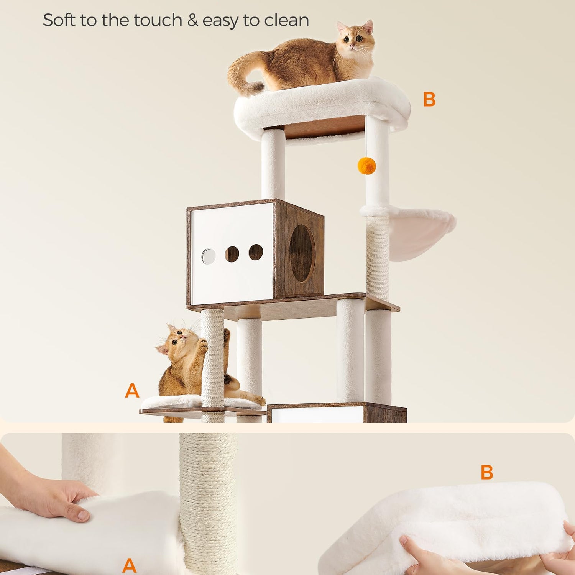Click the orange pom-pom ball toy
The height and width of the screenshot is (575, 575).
(x=367, y=166)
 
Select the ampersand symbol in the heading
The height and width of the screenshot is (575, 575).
(x=193, y=20)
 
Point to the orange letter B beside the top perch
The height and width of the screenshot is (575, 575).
(x=429, y=99)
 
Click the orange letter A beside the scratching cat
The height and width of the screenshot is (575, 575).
(x=132, y=390)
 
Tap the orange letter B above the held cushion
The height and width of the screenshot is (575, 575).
(x=487, y=472)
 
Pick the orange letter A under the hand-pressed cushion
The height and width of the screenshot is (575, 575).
(x=130, y=565)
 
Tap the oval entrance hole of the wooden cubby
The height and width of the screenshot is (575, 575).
(x=302, y=253)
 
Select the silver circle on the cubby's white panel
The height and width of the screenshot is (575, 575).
(x=208, y=256)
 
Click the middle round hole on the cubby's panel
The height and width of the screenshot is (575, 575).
(x=232, y=254)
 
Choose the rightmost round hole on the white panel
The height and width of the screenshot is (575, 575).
(x=256, y=252)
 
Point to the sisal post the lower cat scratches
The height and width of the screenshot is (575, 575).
(x=213, y=364)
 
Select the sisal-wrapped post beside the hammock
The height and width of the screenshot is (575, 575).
(x=378, y=257)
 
